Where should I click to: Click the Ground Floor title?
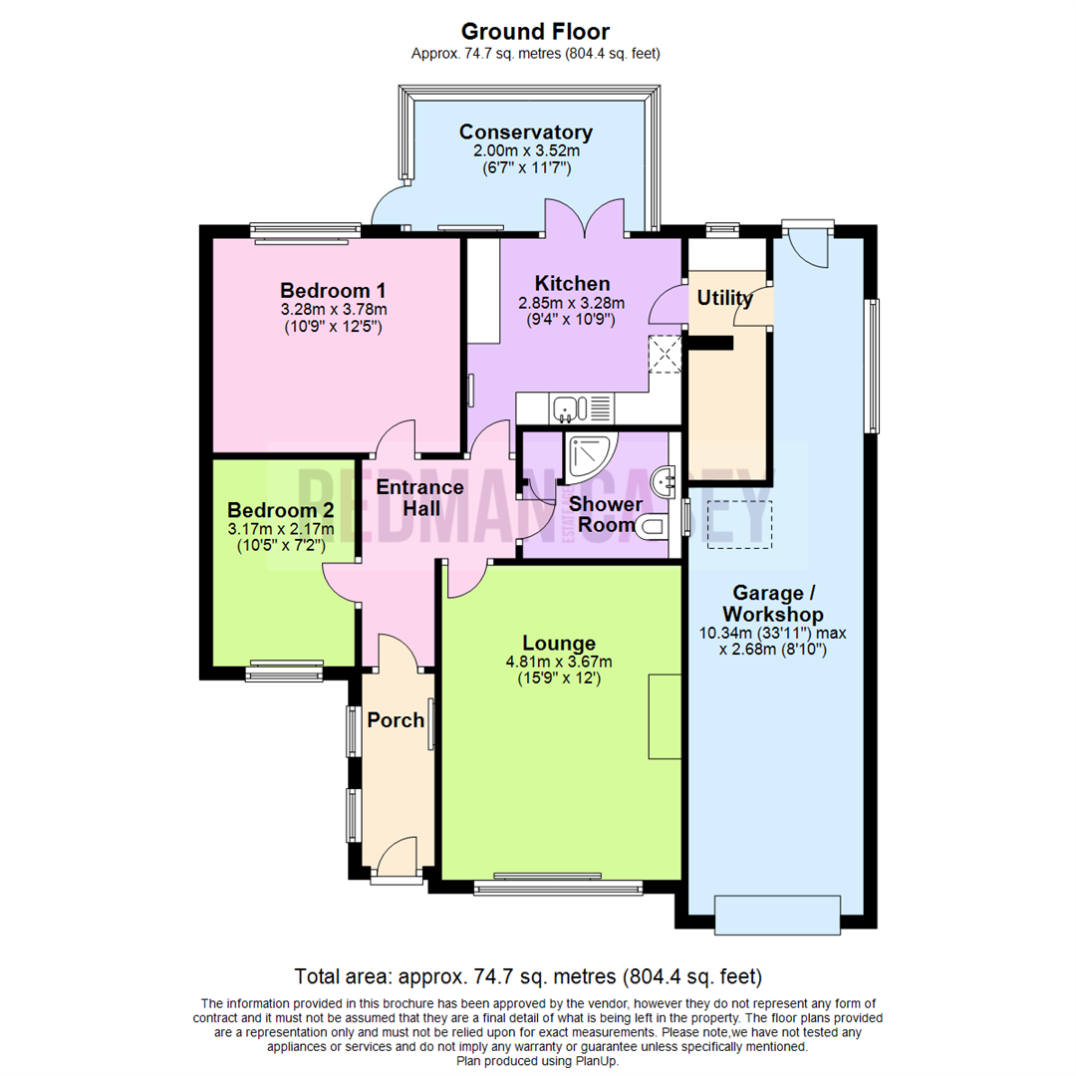537,32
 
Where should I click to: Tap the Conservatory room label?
525,133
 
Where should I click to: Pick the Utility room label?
724,298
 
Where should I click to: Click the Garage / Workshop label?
773,601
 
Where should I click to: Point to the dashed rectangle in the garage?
739,523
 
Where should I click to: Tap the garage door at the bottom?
778,914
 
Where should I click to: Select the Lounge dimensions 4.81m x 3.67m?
559,662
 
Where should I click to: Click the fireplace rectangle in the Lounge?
665,715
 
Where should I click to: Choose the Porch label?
396,720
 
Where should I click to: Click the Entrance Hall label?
419,497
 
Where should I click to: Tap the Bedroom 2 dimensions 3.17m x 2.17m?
281,528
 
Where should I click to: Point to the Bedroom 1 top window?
305,232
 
